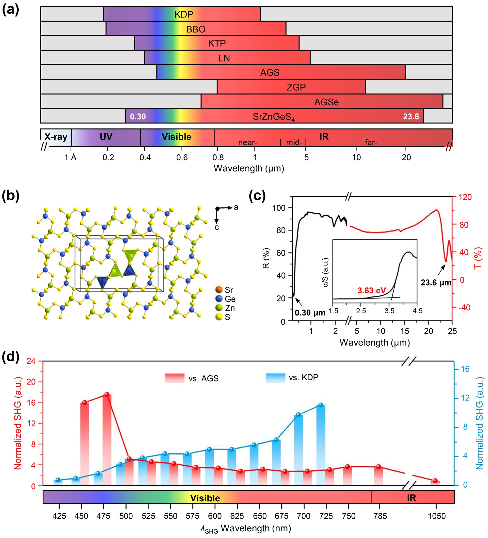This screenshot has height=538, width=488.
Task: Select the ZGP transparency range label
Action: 296,87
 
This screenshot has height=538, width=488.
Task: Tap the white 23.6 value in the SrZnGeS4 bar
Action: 411,117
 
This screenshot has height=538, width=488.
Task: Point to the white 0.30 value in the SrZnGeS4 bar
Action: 138,117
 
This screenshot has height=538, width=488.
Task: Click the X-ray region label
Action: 56,137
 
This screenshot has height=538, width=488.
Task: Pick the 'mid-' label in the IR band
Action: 294,142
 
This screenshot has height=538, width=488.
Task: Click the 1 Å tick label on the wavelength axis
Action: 70,158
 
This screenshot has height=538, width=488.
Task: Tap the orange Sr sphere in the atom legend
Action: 219,289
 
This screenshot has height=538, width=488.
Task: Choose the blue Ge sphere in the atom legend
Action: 219,299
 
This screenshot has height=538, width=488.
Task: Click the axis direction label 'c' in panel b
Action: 217,227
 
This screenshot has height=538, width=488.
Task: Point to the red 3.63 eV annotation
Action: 372,290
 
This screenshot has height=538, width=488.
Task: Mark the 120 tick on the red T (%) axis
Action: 465,197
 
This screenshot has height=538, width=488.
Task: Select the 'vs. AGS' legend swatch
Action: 174,378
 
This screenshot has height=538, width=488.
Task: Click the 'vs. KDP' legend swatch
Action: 276,378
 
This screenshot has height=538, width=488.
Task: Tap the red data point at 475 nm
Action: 107,395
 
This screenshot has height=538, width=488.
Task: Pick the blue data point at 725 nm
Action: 321,405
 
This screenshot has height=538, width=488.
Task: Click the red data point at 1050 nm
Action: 435,481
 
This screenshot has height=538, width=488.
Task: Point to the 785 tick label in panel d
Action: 380,516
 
